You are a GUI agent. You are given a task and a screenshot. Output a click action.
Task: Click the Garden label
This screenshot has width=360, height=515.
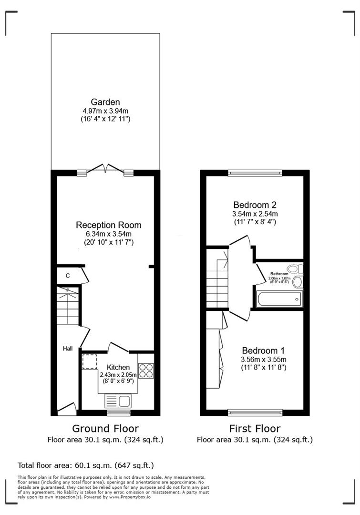(105, 102)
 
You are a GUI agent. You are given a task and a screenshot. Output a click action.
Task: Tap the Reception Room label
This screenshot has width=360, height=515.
(109, 225)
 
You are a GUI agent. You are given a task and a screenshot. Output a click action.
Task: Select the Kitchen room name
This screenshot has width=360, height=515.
(118, 367)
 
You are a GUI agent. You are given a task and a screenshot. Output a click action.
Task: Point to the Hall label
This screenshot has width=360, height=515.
(68, 349)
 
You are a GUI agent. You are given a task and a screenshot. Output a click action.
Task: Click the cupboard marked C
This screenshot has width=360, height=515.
(68, 276)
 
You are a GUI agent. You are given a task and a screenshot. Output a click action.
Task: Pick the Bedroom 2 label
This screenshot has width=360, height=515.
(255, 205)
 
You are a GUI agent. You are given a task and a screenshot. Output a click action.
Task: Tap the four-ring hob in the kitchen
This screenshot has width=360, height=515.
(146, 371)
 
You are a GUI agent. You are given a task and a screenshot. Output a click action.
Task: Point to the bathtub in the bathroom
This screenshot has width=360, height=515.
(278, 299)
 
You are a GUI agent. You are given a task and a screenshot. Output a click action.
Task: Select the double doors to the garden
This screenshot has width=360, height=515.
(105, 169)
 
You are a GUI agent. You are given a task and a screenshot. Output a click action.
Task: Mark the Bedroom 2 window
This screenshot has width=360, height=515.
(255, 173)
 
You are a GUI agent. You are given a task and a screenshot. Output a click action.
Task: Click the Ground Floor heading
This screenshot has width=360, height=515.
(105, 428)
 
